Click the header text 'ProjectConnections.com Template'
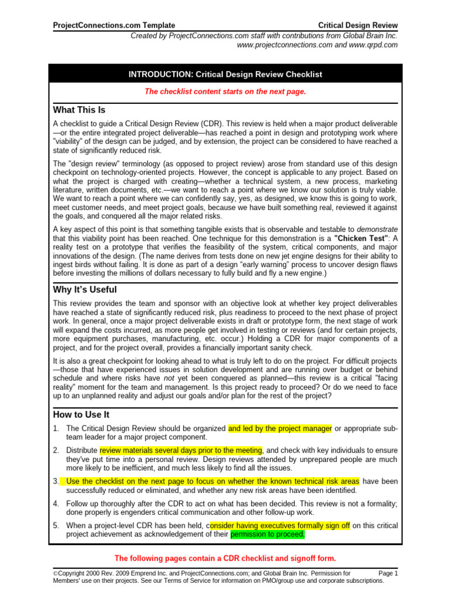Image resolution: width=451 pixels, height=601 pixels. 114,25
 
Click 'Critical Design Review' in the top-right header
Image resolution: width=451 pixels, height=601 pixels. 358,25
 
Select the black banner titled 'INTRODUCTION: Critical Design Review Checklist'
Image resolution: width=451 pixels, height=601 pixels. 225,74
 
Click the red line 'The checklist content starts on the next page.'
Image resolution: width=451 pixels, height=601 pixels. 225,92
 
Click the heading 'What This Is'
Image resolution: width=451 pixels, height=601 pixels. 79,110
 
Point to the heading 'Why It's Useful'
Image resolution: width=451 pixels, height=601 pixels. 85,289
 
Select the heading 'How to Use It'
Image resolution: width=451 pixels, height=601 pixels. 81,414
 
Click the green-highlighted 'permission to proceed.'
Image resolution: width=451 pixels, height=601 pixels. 268,535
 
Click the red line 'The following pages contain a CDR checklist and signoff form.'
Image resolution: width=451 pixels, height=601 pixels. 225,558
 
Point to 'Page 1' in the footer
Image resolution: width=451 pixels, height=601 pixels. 388,573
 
